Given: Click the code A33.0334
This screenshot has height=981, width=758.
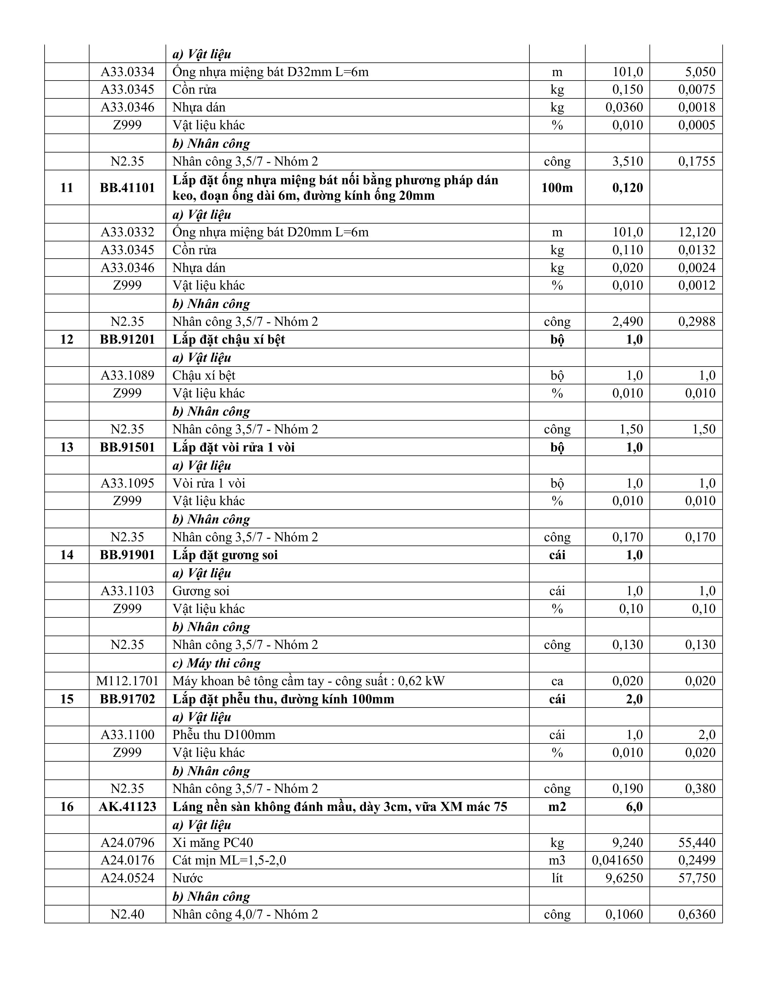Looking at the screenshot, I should pos(127,72).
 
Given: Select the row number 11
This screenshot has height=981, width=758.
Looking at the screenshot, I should pos(67,188).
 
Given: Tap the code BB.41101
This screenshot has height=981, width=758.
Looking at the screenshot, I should pos(127,188).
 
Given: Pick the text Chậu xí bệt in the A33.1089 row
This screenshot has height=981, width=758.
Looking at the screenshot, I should pos(203,375).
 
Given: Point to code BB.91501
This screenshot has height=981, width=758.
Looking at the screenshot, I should pos(127,447).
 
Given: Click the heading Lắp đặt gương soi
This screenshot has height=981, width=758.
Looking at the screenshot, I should pos(225,555).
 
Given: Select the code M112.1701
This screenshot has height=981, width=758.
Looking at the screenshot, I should pos(127,681).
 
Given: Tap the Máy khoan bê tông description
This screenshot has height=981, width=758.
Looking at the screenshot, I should pos(308,681).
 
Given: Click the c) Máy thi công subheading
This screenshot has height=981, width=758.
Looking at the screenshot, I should pos(216,663).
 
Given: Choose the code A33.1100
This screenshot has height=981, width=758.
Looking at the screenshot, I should pos(127,735).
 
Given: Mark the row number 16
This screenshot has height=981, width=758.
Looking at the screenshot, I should pos(67,807).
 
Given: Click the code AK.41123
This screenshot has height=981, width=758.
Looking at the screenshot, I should pos(127,807).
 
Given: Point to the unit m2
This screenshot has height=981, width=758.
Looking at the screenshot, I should pos(557,807).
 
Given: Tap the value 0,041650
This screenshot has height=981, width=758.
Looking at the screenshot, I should pos(617,860).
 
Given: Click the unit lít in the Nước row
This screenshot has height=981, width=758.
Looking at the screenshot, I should pos(557,878).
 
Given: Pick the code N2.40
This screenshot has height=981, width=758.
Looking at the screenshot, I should pos(127,914).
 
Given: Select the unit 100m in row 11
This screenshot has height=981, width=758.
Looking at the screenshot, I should pos(557,188).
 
